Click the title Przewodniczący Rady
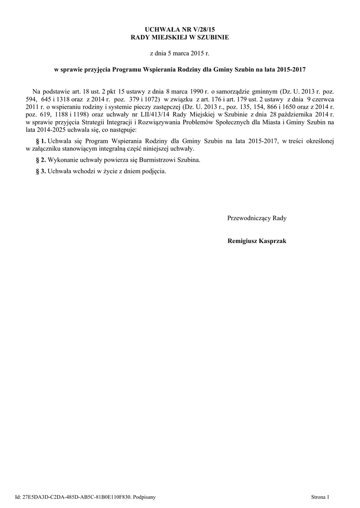[257, 218]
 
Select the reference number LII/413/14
[141, 115]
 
